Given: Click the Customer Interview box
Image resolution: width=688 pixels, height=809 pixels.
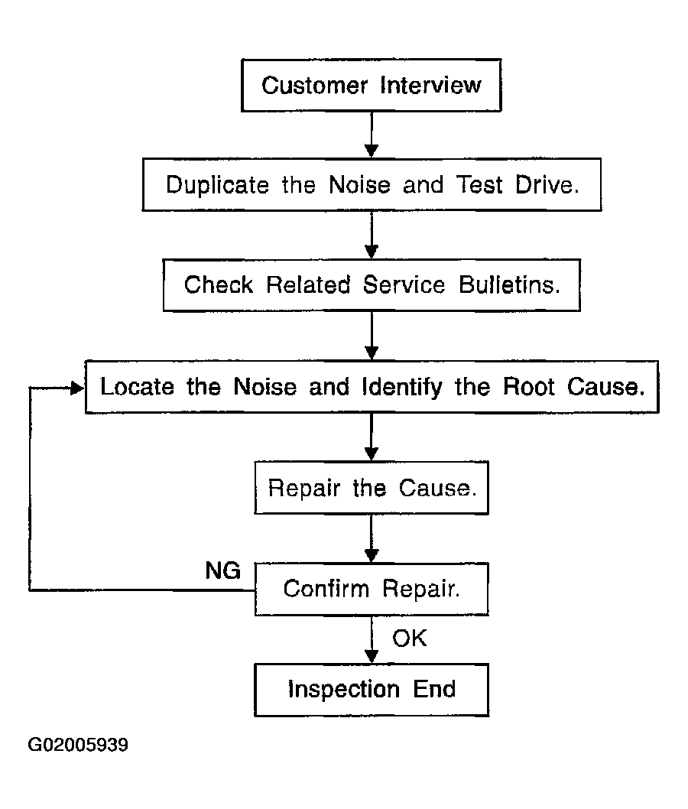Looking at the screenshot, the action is [x=372, y=85].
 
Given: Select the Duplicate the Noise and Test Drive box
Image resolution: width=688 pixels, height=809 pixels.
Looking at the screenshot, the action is [x=372, y=185].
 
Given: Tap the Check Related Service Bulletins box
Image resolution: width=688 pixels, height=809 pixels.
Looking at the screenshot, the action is [x=372, y=284].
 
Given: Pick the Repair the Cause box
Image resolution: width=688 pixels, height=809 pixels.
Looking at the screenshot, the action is [x=372, y=488].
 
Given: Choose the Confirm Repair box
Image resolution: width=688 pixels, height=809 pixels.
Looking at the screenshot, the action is [x=372, y=589].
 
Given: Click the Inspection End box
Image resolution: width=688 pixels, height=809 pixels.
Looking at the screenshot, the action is [x=372, y=690].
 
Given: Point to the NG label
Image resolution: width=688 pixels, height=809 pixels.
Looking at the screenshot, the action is [x=222, y=570].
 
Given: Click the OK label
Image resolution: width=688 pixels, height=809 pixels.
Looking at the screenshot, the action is [x=410, y=638].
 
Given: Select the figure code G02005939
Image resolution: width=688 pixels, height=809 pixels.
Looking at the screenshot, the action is [x=78, y=745].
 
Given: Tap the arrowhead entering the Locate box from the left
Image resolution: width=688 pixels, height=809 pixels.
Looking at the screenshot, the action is [x=78, y=388].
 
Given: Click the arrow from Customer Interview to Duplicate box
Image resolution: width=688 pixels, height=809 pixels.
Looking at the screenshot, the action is [x=372, y=135].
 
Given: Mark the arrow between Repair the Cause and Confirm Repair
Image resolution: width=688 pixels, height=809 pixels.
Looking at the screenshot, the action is [x=372, y=538].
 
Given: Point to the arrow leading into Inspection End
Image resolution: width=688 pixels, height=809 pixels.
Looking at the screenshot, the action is [x=372, y=640].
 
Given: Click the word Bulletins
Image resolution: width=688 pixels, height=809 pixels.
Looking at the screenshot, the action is [x=510, y=284].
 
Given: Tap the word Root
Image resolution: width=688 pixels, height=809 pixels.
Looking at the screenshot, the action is [x=529, y=387].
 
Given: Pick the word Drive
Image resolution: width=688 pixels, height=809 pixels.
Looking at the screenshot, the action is [x=547, y=185].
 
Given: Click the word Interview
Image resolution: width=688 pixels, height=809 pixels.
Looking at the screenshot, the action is [x=430, y=85].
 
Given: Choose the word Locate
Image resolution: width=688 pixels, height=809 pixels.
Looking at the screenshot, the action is [x=137, y=387].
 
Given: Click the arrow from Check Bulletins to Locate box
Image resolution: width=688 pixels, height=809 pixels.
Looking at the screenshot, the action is [x=372, y=336].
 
